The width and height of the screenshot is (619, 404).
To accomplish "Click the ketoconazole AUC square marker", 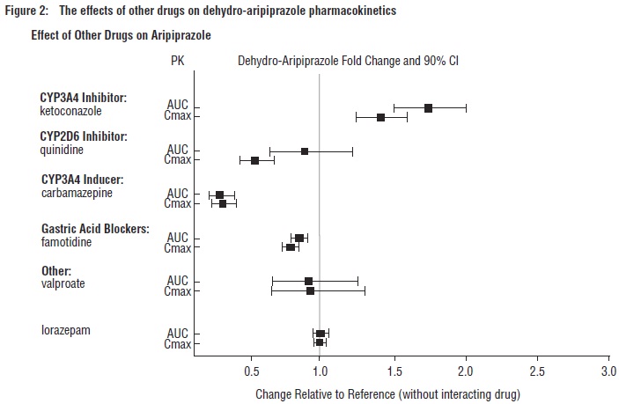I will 428,107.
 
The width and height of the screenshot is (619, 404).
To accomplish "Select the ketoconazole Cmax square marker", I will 380,117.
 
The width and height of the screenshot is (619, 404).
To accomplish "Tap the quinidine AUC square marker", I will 305,151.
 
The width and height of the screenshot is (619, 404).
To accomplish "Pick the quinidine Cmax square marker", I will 254,160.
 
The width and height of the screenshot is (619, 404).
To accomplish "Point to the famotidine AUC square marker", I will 299,238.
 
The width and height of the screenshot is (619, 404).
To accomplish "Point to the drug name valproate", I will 63,283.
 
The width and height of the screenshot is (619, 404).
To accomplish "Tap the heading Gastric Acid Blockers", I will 94,229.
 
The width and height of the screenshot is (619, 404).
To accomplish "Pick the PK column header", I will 177,61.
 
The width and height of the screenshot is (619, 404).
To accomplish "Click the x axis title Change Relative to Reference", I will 387,393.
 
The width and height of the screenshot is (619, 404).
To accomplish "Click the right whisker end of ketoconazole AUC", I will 466,107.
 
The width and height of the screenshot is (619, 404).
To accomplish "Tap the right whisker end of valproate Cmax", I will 365,290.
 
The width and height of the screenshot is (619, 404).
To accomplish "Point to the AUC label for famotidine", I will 178,238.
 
